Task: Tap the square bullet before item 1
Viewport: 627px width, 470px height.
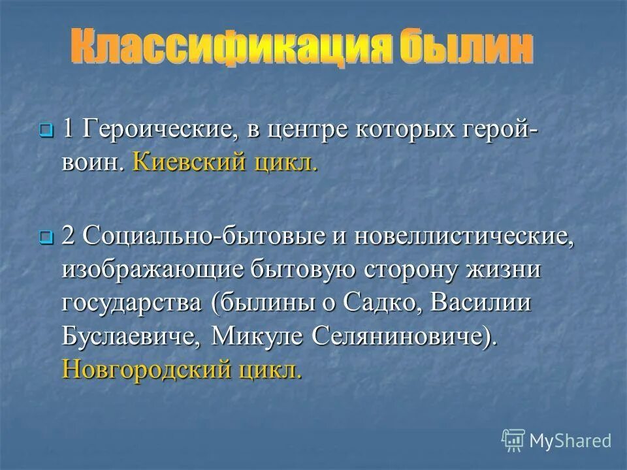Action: (45, 131)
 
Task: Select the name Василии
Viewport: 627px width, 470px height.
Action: (500, 304)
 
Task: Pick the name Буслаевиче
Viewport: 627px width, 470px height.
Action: (133, 337)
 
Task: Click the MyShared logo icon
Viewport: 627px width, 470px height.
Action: (513, 439)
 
